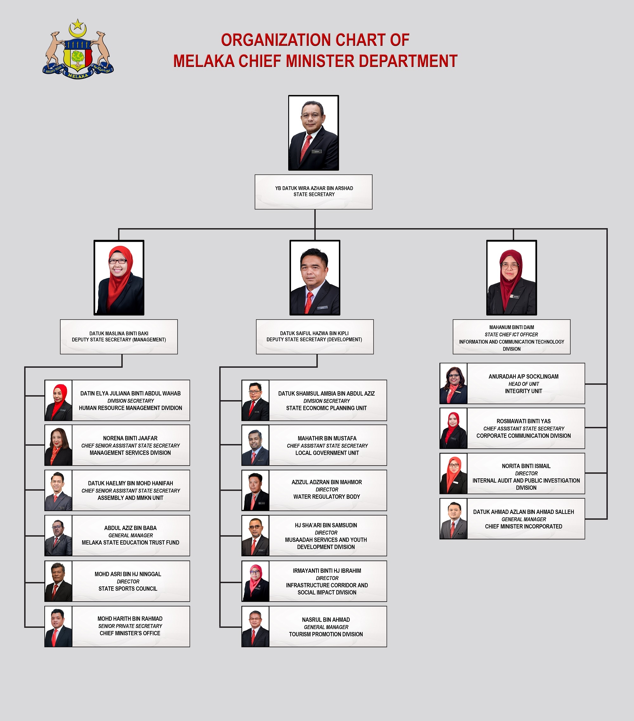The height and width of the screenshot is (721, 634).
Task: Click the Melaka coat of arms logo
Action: pos(78,49)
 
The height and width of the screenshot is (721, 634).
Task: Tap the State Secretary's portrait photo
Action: pos(314,133)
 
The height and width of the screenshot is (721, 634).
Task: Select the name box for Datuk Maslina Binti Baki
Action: pos(119,336)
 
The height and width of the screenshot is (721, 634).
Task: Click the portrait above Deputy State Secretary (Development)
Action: pos(314,278)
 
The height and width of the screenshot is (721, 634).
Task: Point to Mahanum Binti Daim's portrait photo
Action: pos(512,278)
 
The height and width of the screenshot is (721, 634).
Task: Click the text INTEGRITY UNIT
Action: pos(523,391)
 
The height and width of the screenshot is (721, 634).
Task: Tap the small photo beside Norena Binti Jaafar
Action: pos(58,445)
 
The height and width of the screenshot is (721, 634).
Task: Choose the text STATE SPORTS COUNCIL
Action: pos(128,589)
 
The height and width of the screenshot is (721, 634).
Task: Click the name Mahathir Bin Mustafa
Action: pos(327,438)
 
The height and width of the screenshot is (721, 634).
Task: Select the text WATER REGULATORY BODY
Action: pos(327,497)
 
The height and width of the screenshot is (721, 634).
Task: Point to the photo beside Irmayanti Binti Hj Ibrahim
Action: pos(255,581)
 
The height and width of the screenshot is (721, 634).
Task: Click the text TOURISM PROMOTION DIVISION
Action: pos(326,634)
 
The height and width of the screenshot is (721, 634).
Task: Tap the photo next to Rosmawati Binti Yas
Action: pos(453,428)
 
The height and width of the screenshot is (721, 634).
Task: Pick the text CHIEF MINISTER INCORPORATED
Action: pos(523,526)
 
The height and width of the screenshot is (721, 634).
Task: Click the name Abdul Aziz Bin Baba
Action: pos(130,528)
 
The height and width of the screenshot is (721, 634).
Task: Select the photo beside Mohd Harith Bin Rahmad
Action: pos(58,627)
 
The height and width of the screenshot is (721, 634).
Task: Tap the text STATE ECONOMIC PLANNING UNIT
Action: pos(326,408)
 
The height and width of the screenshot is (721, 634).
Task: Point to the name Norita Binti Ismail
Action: pos(526,466)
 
